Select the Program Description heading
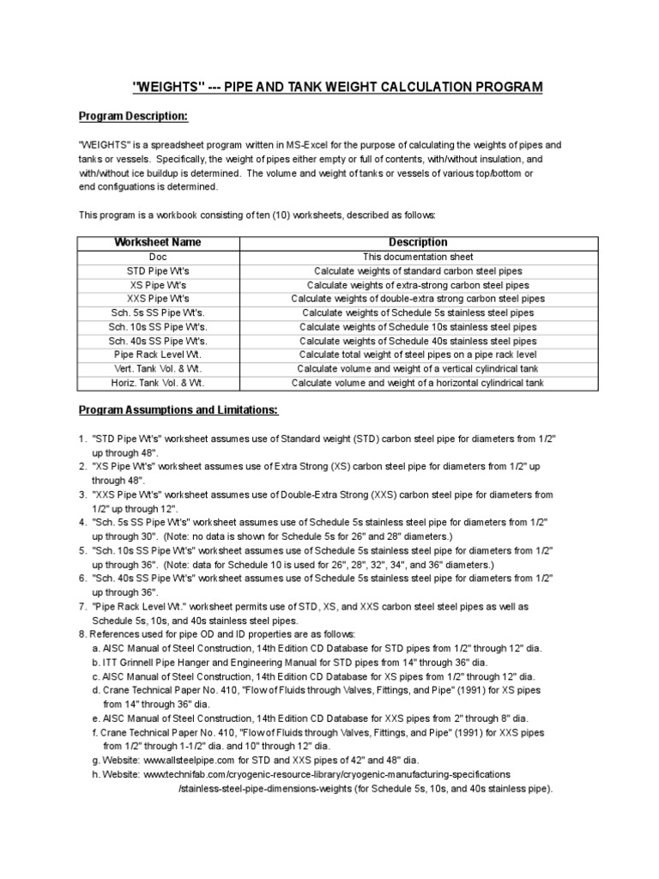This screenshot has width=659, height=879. click(x=133, y=116)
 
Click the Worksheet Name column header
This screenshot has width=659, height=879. click(x=157, y=243)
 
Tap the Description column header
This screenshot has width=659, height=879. click(x=418, y=243)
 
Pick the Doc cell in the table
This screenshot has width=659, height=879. click(x=157, y=257)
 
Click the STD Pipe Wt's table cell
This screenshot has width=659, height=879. click(x=157, y=270)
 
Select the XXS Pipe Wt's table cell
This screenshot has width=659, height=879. click(x=157, y=299)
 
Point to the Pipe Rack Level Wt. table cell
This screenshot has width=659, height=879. click(x=157, y=355)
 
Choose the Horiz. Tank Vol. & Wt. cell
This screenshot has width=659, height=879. click(x=157, y=383)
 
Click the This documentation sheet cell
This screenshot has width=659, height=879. click(x=418, y=257)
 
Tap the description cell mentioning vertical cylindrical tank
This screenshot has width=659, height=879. click(x=418, y=369)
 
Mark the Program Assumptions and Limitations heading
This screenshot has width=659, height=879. click(x=178, y=410)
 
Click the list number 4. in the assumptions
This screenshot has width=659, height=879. click(x=82, y=522)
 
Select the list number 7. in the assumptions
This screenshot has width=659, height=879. click(x=82, y=606)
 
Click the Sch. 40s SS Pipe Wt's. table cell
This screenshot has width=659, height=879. click(x=157, y=341)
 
